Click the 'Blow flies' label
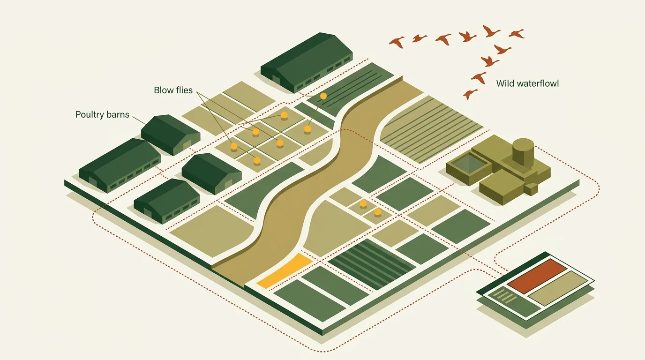tap(173, 90)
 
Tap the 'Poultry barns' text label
tap(102, 115)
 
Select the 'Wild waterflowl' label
tap(527, 83)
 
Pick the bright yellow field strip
tap(285, 271)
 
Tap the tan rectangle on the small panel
tap(558, 288)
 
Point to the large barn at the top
tap(307, 62)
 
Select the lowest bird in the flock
tap(470, 94)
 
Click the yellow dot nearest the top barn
tap(323, 96)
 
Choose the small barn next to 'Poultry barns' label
tap(171, 135)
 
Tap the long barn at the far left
tap(120, 165)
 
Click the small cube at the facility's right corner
tap(531, 188)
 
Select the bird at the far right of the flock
tap(517, 34)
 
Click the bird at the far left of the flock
tap(397, 42)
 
